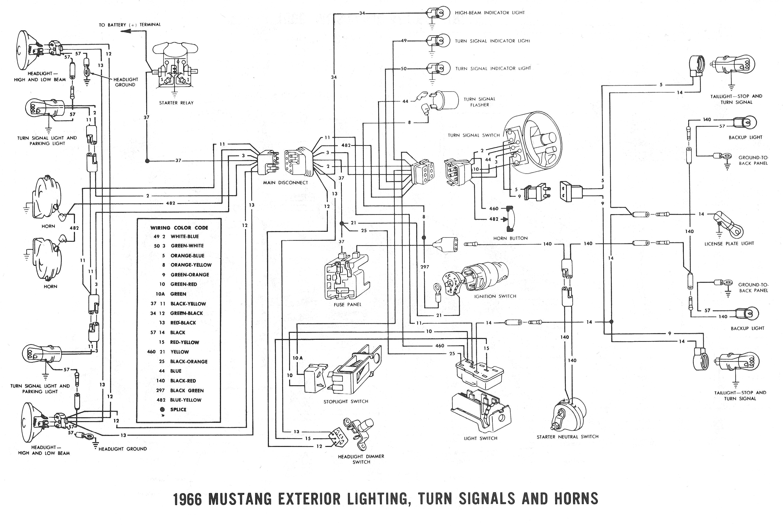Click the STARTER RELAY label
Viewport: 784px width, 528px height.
coord(176,103)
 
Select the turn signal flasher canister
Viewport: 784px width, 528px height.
coord(446,100)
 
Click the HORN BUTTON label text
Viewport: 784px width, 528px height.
coord(511,238)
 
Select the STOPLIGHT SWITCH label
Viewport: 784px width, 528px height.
coord(346,401)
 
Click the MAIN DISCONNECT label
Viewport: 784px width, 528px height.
coord(286,183)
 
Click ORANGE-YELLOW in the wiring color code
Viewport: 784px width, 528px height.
coord(191,265)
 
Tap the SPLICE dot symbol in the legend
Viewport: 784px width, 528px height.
coord(162,410)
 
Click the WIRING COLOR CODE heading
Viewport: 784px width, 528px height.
coord(179,228)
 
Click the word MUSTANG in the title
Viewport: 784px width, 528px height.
coord(240,499)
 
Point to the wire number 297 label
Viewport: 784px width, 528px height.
coord(425,267)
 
